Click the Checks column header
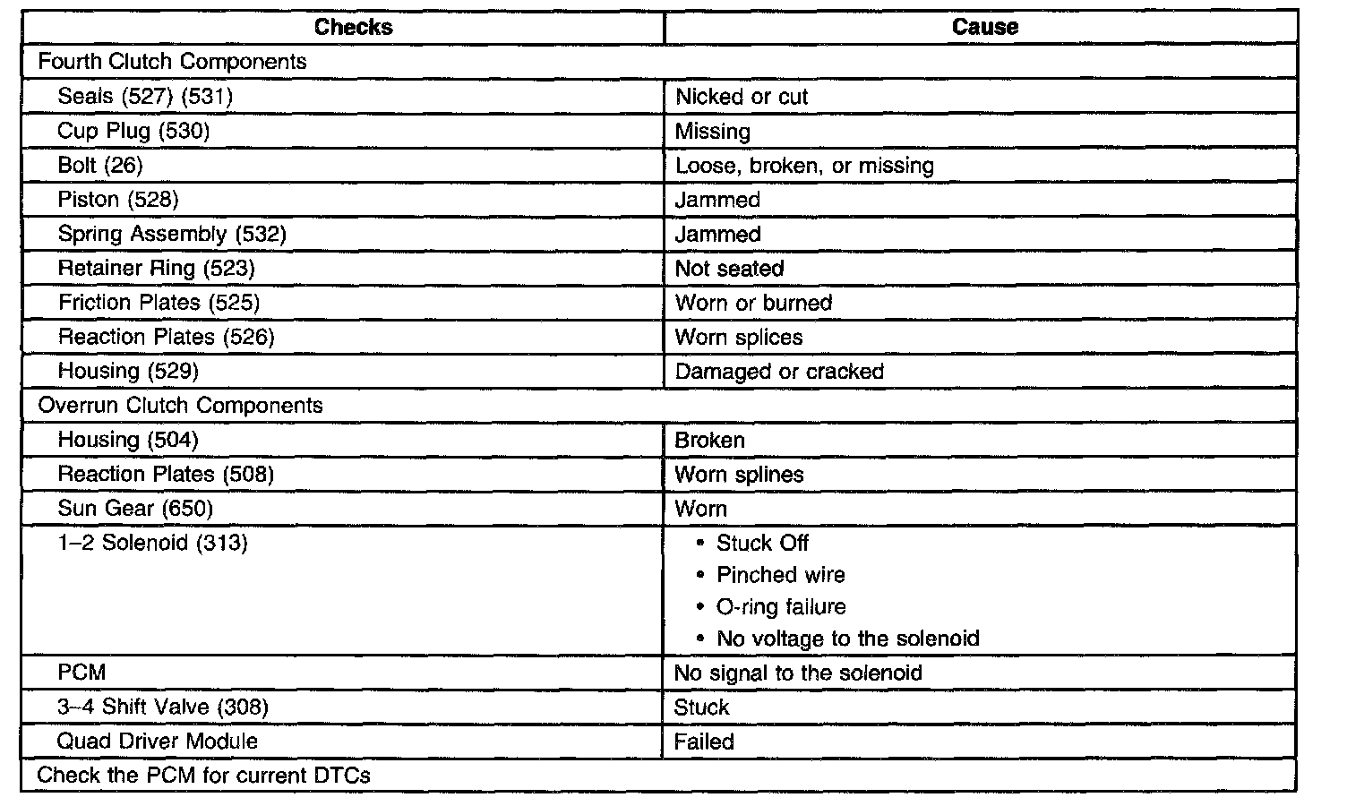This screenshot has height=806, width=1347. click(353, 27)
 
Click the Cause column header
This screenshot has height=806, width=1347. click(984, 27)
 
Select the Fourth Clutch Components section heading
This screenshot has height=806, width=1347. click(172, 62)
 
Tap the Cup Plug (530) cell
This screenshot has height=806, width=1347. click(133, 131)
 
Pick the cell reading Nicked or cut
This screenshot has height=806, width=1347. click(742, 97)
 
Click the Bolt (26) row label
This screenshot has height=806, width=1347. click(100, 166)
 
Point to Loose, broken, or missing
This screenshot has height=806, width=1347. click(804, 166)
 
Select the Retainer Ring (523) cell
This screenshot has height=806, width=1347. click(157, 269)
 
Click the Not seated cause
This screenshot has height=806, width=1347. click(729, 269)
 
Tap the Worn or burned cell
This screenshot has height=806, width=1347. click(753, 303)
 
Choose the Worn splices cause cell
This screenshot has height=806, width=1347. click(739, 338)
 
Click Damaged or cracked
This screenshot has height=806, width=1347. click(779, 372)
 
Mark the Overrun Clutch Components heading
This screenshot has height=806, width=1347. click(180, 406)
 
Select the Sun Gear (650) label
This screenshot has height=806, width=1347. click(135, 509)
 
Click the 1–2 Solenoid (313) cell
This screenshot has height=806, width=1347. click(152, 543)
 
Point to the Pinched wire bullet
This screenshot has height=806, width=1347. click(780, 575)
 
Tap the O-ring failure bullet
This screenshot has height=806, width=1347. click(781, 607)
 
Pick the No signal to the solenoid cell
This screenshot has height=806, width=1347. click(798, 673)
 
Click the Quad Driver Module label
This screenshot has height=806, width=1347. click(157, 742)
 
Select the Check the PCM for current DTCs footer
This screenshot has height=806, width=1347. click(203, 776)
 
